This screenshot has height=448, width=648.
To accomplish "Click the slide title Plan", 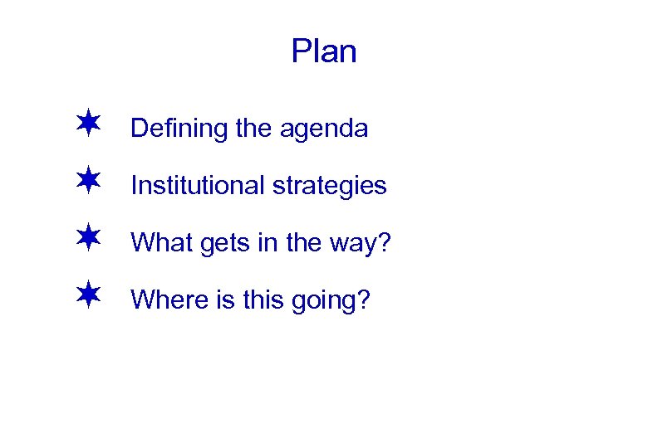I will coord(324,51).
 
